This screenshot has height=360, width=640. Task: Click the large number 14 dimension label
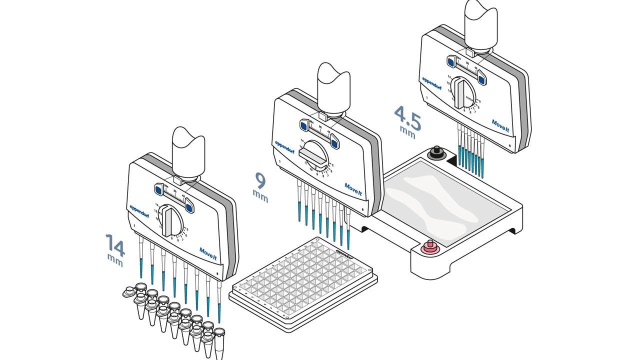115,244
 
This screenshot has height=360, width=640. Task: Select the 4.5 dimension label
407,116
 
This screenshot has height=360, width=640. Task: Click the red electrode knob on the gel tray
428,247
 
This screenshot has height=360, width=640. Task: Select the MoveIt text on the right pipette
500,122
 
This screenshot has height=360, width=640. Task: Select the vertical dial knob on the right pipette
460,93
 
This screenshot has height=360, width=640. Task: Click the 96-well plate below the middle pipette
303,280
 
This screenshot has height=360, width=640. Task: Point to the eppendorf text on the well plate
345,254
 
